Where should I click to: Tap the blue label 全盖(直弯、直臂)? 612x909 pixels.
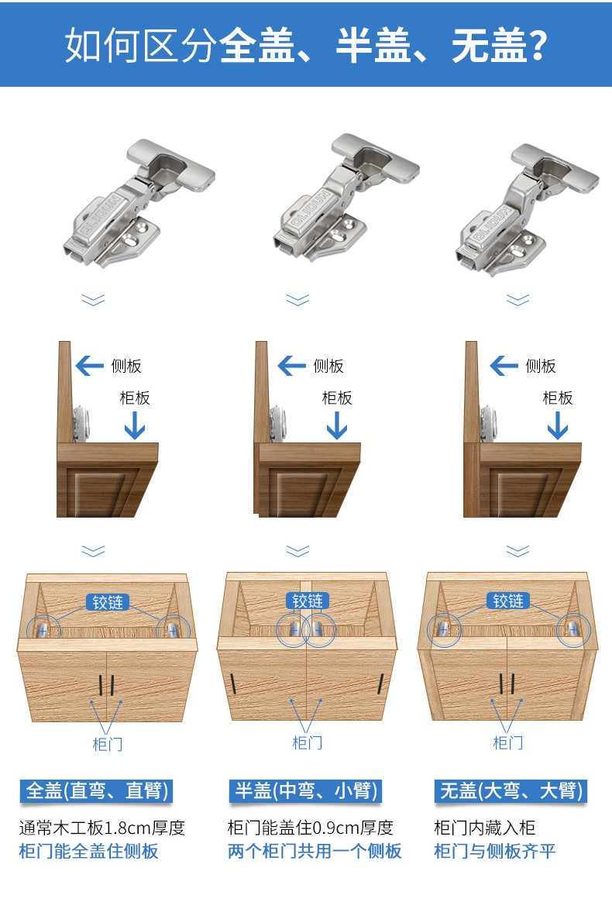point(96,790)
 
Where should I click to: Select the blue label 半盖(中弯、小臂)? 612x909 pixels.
point(305,790)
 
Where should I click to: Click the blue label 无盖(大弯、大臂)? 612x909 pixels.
point(511,790)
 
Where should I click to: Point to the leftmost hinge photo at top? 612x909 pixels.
point(139,203)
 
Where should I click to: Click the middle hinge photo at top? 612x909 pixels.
point(346,198)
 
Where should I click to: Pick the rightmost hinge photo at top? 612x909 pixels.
point(527,209)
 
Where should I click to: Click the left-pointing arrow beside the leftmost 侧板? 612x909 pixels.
point(90,366)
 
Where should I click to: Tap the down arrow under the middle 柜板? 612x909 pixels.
point(337,425)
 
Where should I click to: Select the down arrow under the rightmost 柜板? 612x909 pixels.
point(558,425)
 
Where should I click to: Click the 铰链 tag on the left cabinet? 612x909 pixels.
point(107,602)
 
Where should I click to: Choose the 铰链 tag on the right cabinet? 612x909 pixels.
point(507,601)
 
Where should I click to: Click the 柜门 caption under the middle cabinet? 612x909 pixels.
point(307,742)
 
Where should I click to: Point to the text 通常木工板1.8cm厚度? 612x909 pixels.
point(102,828)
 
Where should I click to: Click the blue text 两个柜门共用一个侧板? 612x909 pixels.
point(315,851)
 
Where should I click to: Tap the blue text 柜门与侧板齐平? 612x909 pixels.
point(495,851)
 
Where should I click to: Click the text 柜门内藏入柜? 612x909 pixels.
point(484,828)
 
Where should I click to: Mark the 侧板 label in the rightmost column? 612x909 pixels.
point(541,366)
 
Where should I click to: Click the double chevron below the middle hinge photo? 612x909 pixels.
point(298,300)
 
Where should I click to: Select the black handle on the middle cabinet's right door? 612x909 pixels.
point(381,684)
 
